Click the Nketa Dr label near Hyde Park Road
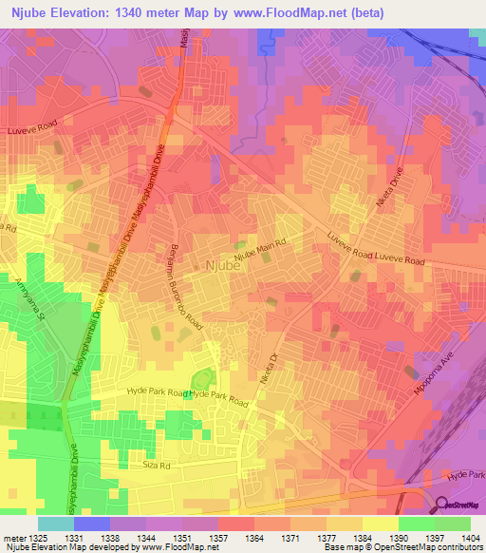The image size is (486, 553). click(270, 369)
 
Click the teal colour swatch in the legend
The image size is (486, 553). click(55, 524)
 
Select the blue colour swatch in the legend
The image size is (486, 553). click(91, 524)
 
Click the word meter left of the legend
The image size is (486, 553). click(12, 537)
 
